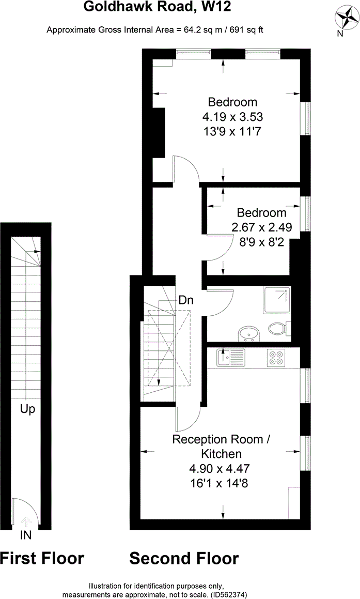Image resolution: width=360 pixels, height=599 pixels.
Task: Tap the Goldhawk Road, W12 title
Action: [x=157, y=7]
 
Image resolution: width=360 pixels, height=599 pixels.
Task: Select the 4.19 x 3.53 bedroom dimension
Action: [x=233, y=116]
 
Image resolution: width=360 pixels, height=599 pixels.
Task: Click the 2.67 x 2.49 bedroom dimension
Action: [x=262, y=227]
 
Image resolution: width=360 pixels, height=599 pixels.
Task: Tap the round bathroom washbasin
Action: [x=248, y=334]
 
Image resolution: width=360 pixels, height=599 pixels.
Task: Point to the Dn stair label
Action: [x=186, y=300]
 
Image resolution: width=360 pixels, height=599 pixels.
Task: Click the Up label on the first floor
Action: [x=27, y=409]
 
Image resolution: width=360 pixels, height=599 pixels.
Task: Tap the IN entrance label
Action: [x=26, y=535]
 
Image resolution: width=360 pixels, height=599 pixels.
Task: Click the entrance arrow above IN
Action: [x=26, y=521]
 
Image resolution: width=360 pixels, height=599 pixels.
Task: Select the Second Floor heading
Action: [x=184, y=558]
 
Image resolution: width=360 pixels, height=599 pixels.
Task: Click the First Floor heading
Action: [x=42, y=558]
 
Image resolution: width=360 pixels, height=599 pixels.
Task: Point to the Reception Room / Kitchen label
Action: [x=222, y=447]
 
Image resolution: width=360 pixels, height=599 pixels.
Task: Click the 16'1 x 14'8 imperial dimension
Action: [x=219, y=483]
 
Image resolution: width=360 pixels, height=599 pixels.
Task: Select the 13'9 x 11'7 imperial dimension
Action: [x=232, y=131]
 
